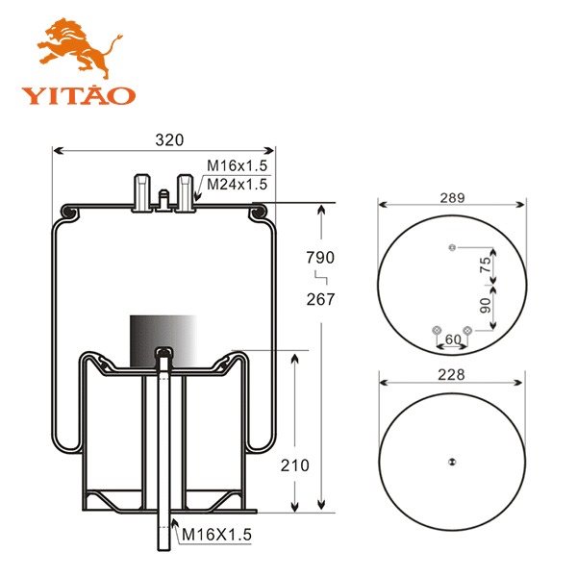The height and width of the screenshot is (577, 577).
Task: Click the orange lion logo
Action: (x=79, y=48)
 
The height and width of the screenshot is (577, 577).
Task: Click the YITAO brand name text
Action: (x=79, y=95)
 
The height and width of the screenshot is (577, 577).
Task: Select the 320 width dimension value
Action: (x=169, y=139)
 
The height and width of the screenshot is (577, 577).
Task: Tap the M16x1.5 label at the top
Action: (x=237, y=165)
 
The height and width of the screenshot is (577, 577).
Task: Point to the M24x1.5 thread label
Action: (x=237, y=184)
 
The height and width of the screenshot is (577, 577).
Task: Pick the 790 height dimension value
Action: (x=320, y=258)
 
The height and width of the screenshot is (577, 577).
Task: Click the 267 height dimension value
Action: (x=320, y=299)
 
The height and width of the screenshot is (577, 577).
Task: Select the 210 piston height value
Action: (x=295, y=465)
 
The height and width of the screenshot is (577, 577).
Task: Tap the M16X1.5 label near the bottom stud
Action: (x=216, y=535)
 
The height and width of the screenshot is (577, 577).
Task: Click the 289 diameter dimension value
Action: (x=453, y=198)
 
